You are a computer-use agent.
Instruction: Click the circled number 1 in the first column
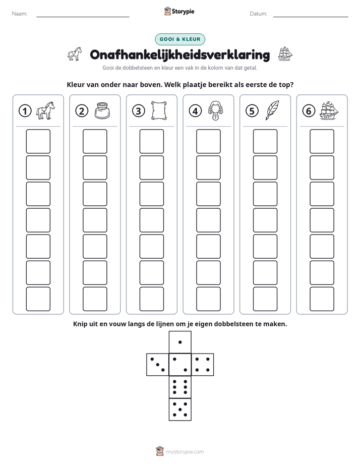click(x=25, y=111)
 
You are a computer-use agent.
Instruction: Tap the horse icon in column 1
click(x=45, y=110)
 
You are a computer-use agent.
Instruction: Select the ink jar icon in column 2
click(x=102, y=110)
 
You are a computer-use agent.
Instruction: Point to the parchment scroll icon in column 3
click(x=159, y=110)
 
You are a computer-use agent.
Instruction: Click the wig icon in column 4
click(x=216, y=110)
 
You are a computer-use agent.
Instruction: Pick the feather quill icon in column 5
click(x=272, y=110)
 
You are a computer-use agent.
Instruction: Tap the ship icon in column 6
click(x=329, y=110)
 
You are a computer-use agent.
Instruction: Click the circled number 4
click(x=195, y=111)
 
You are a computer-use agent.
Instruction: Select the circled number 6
click(x=309, y=111)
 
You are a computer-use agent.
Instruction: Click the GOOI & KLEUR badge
click(x=180, y=39)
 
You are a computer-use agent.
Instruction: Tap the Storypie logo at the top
click(x=179, y=11)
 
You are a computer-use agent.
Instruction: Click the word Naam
click(x=20, y=14)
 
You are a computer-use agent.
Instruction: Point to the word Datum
click(x=259, y=14)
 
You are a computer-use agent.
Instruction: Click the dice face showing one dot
click(x=180, y=342)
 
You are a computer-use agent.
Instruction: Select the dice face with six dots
click(x=180, y=387)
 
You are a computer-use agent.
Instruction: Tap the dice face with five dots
click(x=180, y=410)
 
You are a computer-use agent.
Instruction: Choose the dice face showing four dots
click(x=203, y=365)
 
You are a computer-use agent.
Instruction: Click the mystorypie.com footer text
click(x=185, y=452)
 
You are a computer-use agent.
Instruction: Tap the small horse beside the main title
click(x=75, y=54)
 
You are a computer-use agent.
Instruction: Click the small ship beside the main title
click(x=285, y=54)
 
